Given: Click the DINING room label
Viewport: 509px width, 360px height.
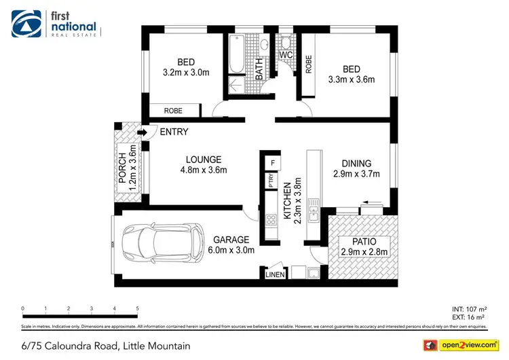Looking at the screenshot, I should pos(356,163).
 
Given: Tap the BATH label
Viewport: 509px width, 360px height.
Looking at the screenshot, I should pos(259,68).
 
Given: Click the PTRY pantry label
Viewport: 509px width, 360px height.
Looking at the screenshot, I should pos(271,181).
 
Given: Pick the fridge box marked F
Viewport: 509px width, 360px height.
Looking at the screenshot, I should pos(271,163).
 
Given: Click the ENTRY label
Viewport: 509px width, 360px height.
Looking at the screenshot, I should pos(174,132).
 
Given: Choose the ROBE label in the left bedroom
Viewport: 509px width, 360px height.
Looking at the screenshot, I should pos(172,111).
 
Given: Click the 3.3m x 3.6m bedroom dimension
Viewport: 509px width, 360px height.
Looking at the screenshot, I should pos(352,79).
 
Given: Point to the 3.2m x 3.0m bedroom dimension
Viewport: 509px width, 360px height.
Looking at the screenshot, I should pos(185,71).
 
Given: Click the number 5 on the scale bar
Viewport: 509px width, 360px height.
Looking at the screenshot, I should pos(138,308).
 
